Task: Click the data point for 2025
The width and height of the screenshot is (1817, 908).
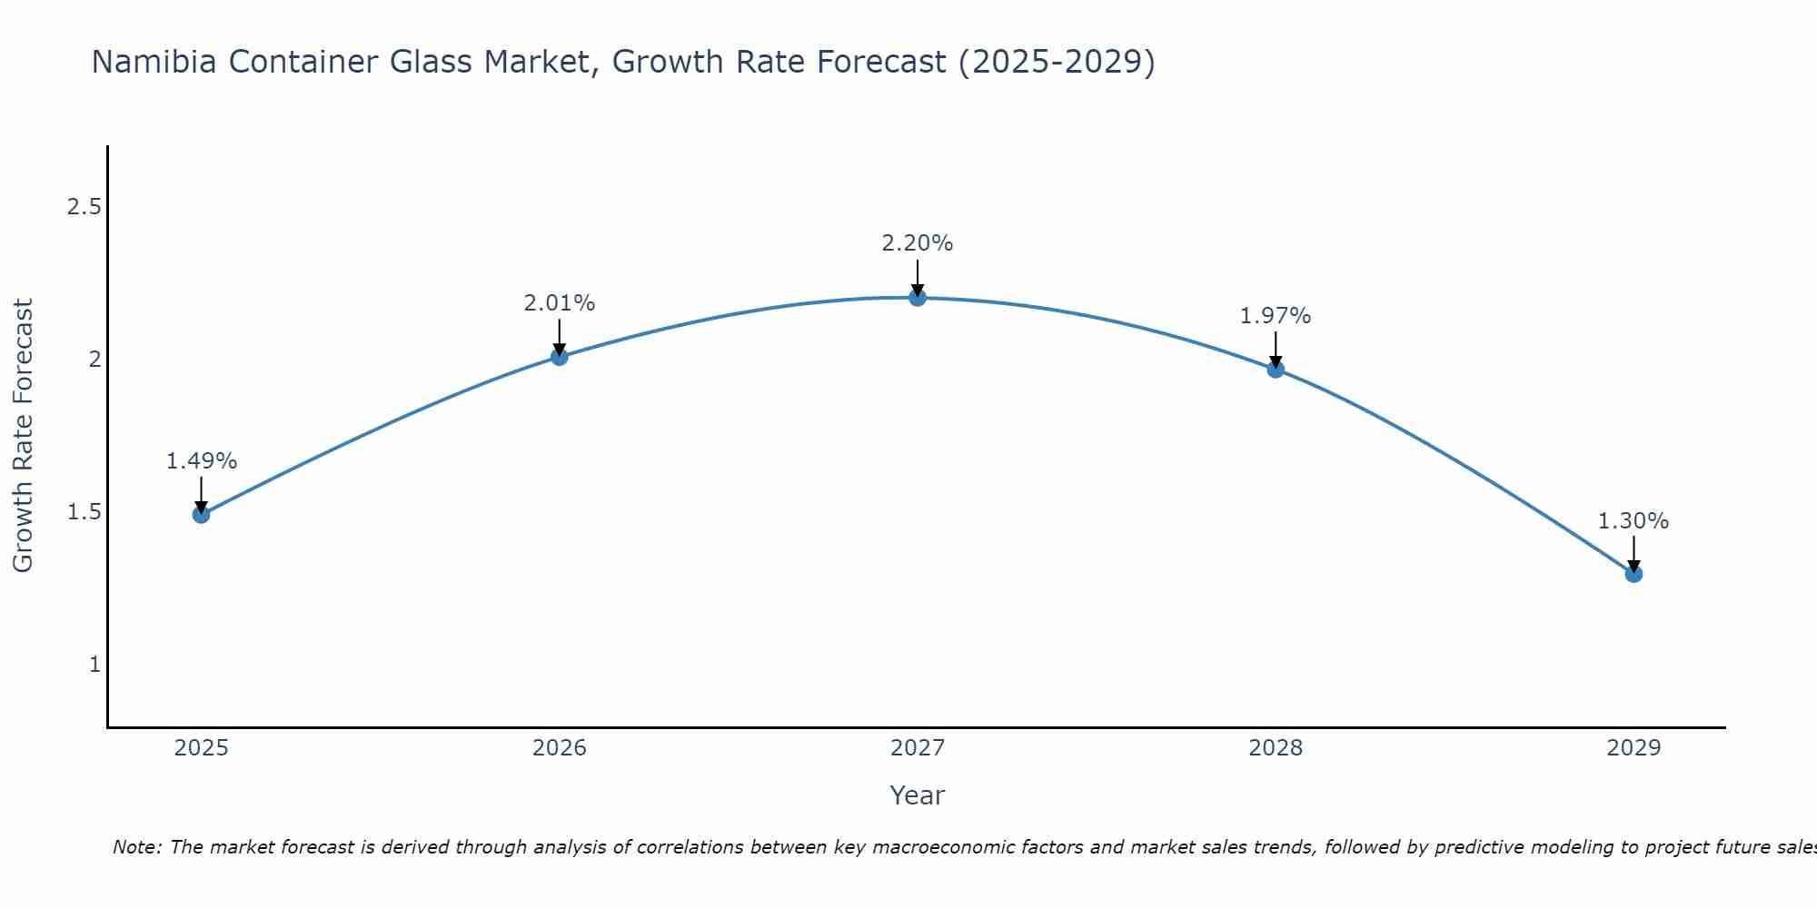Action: pyautogui.click(x=201, y=515)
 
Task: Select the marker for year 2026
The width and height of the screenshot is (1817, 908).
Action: pyautogui.click(x=560, y=357)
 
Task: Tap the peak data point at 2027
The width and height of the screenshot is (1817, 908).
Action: pyautogui.click(x=918, y=298)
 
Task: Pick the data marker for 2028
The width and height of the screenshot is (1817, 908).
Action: pyautogui.click(x=1276, y=369)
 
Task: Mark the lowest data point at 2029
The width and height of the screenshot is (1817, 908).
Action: pyautogui.click(x=1633, y=574)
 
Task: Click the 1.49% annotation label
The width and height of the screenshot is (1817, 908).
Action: pyautogui.click(x=201, y=461)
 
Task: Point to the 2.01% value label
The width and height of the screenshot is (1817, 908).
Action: pyautogui.click(x=560, y=303)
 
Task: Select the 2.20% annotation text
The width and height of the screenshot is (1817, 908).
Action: pyautogui.click(x=918, y=243)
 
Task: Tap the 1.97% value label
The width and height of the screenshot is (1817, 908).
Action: pyautogui.click(x=1276, y=316)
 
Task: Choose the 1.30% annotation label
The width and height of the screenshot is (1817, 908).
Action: pyautogui.click(x=1633, y=521)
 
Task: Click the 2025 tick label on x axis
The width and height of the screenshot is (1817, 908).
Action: pyautogui.click(x=201, y=748)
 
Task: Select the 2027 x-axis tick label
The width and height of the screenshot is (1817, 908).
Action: pyautogui.click(x=918, y=748)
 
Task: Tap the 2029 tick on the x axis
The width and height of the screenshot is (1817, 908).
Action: pyautogui.click(x=1633, y=748)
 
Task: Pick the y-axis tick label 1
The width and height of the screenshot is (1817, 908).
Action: pyautogui.click(x=94, y=665)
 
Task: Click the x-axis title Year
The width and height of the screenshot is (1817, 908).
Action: pyautogui.click(x=918, y=795)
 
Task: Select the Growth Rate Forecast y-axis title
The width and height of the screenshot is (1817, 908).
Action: pyautogui.click(x=23, y=436)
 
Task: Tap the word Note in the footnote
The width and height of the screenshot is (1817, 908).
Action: pyautogui.click(x=137, y=847)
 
